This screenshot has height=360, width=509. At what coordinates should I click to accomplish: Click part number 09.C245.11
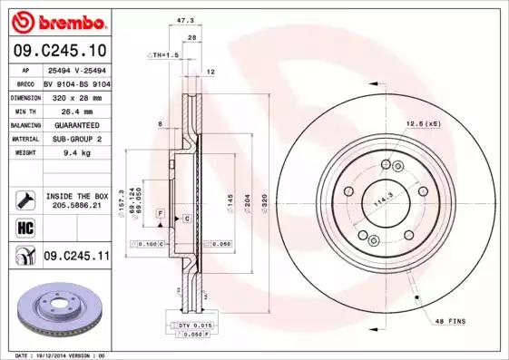(75, 257)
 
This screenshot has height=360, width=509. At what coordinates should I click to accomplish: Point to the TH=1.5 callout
(164, 55)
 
